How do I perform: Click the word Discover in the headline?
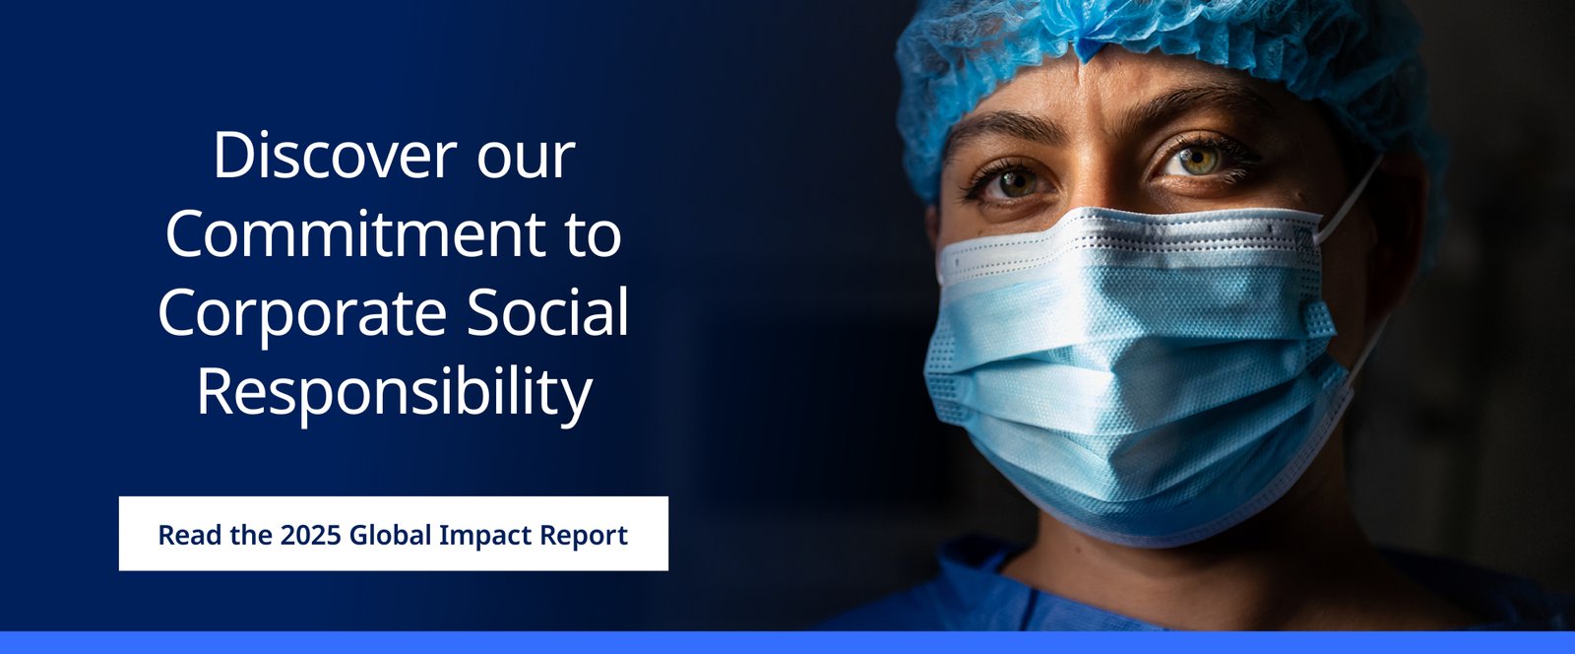336,156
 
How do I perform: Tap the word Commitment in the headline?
355,233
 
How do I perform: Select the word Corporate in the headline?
302,314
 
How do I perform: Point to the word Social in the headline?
547,311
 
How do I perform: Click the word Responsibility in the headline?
394,393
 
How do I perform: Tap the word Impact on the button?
484,536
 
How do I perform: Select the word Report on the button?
583,536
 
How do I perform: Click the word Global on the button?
390,535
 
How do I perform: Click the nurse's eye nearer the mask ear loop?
1199,161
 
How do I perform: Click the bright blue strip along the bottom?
787,643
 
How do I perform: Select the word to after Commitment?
594,235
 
